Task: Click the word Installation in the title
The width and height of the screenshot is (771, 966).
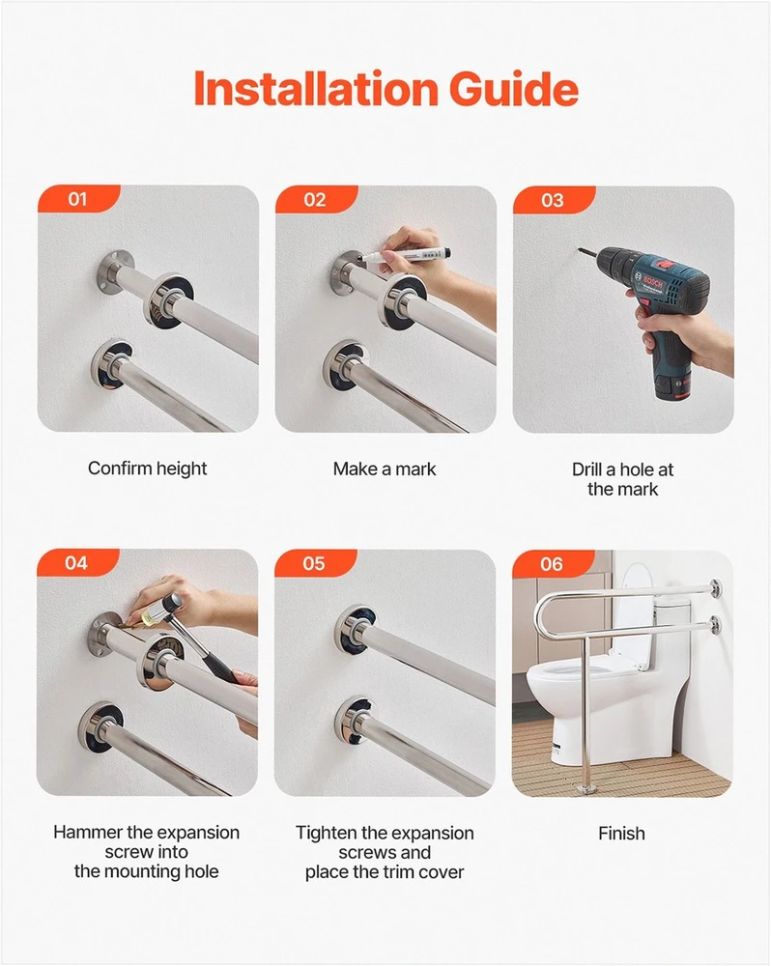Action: pos(316,88)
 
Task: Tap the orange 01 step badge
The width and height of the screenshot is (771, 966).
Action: pos(78,199)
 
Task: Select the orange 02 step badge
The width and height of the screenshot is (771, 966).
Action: pos(316,200)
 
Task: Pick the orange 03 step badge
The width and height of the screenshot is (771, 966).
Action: pos(554,200)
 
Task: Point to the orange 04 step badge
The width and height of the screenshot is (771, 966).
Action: pos(77,563)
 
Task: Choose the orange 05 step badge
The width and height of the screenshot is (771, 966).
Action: pos(314,564)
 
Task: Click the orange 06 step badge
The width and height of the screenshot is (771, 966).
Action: pos(553,564)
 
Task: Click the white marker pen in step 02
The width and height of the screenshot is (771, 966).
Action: pos(406,253)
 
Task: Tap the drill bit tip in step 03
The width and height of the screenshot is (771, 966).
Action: pos(579,249)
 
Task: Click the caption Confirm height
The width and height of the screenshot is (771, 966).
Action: pos(147,469)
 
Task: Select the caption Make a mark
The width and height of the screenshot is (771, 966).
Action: pos(385,469)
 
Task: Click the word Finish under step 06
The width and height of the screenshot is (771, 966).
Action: pos(622,834)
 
